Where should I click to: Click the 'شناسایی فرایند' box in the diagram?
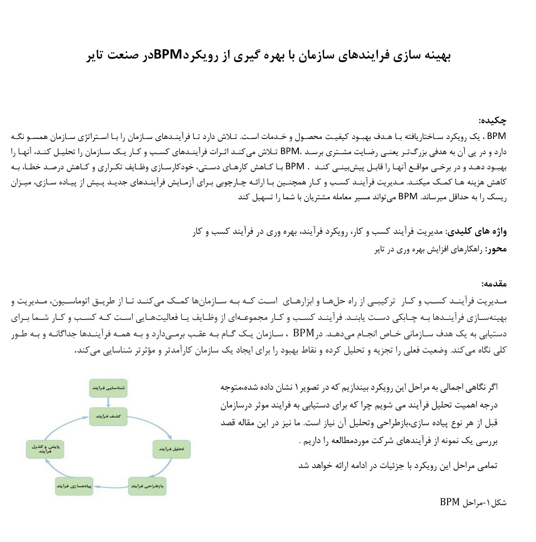(109, 388)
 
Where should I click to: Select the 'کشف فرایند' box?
(109, 416)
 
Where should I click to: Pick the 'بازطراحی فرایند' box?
(147, 485)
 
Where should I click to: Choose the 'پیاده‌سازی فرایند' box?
(74, 486)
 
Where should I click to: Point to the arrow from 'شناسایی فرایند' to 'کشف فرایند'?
(109, 402)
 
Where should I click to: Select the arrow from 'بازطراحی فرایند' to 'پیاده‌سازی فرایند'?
(111, 486)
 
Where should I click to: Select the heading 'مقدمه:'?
(494, 284)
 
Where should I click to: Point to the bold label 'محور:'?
(496, 249)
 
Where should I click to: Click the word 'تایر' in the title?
(95, 55)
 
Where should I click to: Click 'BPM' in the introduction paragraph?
(303, 333)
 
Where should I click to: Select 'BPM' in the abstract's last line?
(407, 196)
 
